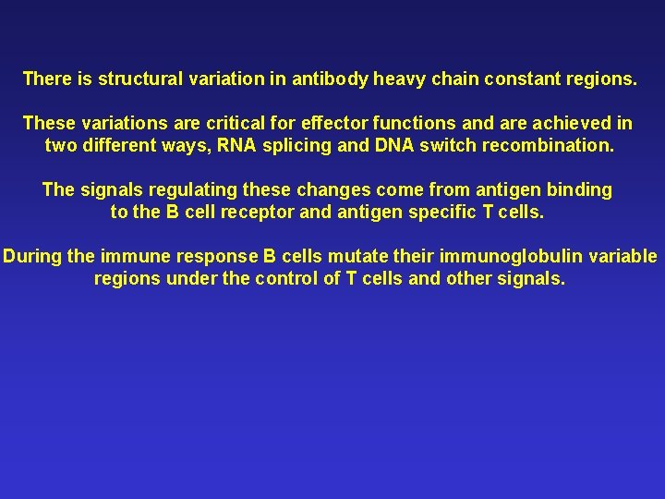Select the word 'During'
pos(32,256)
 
